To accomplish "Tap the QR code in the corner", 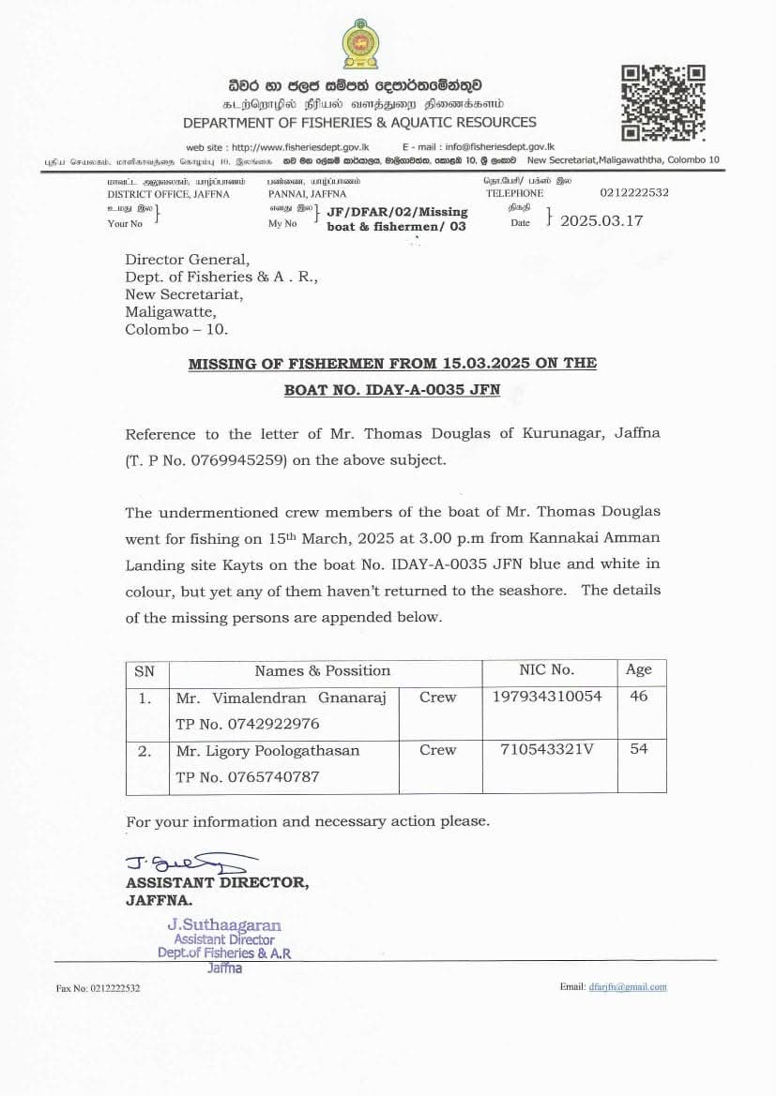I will (663, 102).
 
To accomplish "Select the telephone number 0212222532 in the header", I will (634, 192).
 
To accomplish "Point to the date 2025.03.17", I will (601, 221).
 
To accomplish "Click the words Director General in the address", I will (188, 260).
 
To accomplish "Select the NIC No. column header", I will (546, 669).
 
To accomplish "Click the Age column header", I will (639, 669).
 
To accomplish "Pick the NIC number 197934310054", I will (547, 697).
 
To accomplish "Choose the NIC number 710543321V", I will (541, 749).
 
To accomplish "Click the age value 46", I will (639, 697).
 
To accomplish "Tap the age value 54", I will (639, 749).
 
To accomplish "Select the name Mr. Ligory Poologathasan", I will (267, 750).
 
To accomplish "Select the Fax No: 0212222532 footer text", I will (99, 988).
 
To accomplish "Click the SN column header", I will (145, 670).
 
